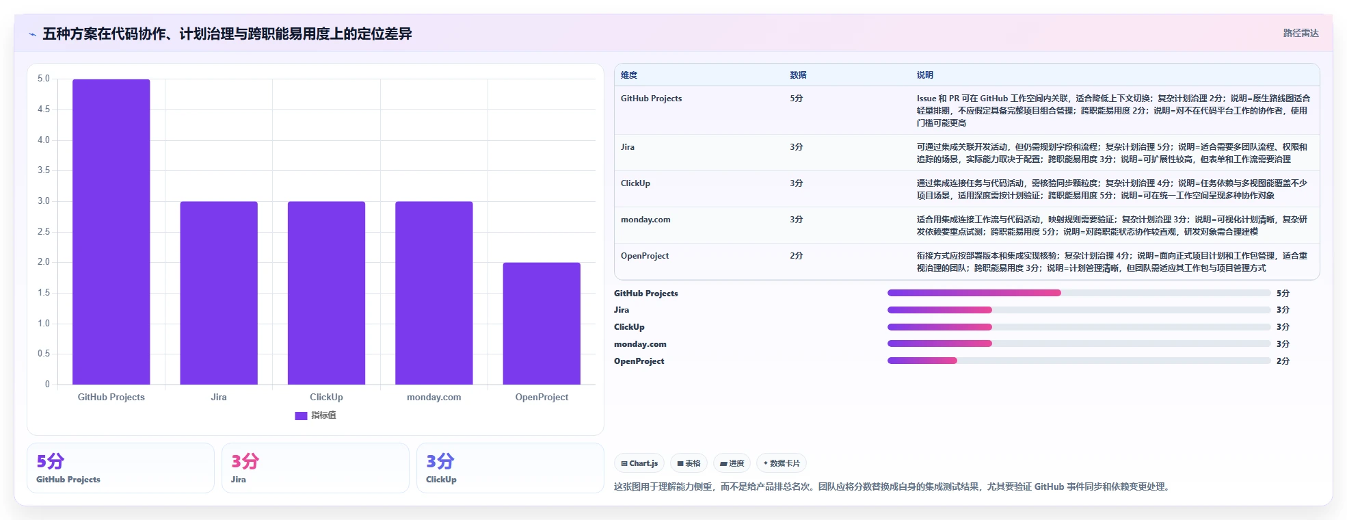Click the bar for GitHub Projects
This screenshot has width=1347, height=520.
111,232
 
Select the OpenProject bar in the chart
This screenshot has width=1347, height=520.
542,324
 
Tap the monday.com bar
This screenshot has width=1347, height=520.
434,293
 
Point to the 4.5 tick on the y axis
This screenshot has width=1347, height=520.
44,109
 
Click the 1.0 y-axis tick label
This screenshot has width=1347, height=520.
44,324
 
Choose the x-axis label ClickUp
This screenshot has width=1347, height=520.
326,397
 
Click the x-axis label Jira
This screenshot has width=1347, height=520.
219,397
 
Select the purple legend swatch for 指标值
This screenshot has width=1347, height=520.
301,415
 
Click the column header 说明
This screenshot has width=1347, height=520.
925,75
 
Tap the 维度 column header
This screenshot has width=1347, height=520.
629,75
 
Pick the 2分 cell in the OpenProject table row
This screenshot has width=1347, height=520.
797,256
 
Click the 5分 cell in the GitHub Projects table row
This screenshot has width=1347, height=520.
797,99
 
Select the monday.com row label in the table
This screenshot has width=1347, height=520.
645,220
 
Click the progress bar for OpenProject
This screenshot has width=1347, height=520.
1079,361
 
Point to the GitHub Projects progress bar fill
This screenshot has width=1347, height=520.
974,293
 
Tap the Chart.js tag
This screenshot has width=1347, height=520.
639,463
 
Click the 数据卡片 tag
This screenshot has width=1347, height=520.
782,463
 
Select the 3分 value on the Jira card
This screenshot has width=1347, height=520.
245,461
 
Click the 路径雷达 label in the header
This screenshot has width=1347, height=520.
1301,33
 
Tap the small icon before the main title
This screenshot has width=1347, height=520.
32,34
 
